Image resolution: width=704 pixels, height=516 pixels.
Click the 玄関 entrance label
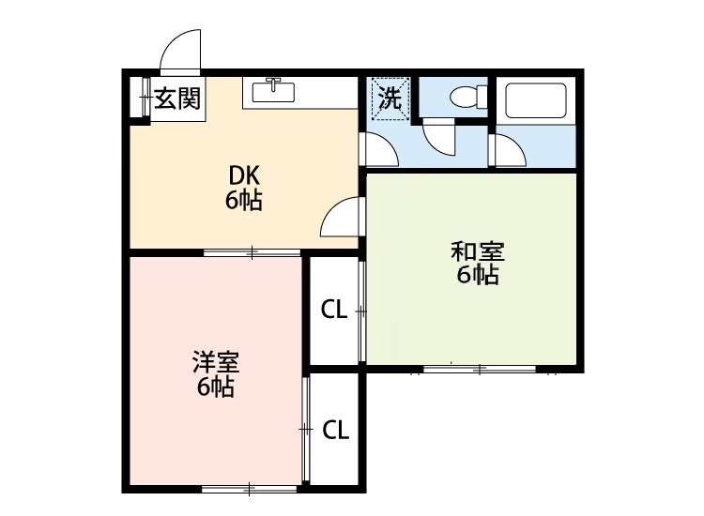(x=177, y=98)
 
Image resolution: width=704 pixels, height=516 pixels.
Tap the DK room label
(x=243, y=175)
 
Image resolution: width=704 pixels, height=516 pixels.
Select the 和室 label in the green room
(x=478, y=251)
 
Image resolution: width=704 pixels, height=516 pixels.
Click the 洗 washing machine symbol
(x=390, y=98)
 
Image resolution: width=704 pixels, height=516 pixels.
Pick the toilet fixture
(x=466, y=97)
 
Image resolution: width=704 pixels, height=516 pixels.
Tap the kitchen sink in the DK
(x=274, y=92)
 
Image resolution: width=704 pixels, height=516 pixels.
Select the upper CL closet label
(x=334, y=309)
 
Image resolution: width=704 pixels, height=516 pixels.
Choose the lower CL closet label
(x=336, y=430)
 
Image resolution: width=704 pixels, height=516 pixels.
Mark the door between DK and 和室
(x=342, y=220)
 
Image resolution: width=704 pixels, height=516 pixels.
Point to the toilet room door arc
(x=438, y=139)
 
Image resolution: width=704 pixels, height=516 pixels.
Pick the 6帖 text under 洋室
(x=216, y=386)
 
